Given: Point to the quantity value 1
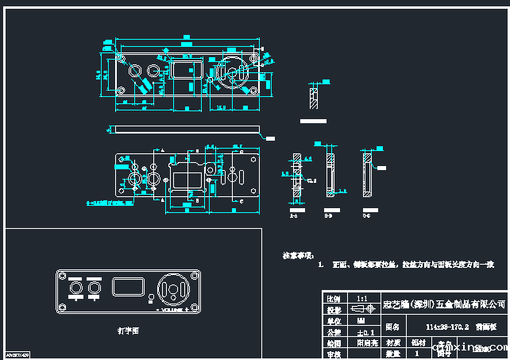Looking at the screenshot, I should point(417,352).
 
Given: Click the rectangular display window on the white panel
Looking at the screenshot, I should point(127,287).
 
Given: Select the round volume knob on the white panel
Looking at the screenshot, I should point(175,289).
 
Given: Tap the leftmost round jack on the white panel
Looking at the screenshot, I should point(76,287).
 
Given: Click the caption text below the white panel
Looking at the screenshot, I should point(127,328).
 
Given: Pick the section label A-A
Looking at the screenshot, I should point(294,215).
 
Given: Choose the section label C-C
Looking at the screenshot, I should point(365,215).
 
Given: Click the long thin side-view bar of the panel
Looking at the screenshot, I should point(186,129).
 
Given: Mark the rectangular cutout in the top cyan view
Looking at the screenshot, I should point(184,72).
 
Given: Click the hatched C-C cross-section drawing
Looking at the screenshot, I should point(365,176).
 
